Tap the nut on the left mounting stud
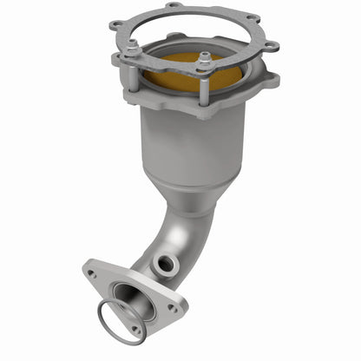[x=131, y=51]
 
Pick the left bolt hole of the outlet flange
[x=92, y=274]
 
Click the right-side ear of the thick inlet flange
[x=269, y=81]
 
